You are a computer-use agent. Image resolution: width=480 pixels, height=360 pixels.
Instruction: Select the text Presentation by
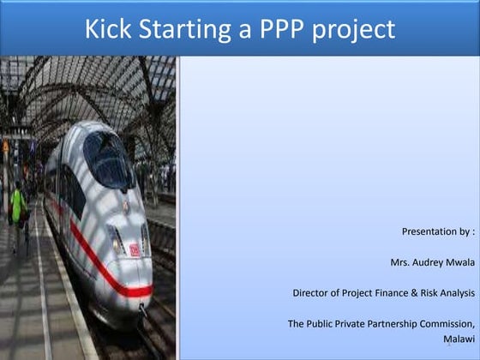point(437,231)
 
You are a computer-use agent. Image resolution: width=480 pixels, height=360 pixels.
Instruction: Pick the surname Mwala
point(459,262)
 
